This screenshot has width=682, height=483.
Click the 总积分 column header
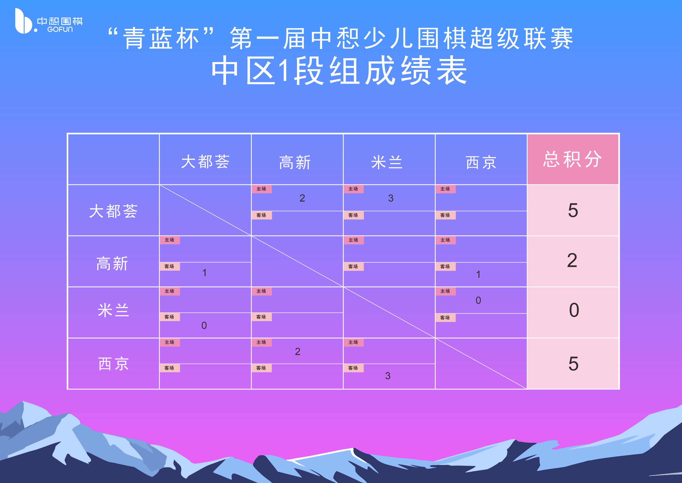[572, 160]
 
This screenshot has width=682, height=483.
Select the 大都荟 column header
[205, 162]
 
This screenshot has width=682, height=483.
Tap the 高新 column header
[295, 162]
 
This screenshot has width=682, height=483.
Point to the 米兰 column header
[387, 162]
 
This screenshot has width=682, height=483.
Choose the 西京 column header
[481, 162]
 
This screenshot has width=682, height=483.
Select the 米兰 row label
[113, 310]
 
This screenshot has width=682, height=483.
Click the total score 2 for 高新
[572, 261]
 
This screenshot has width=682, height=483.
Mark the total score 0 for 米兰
[574, 310]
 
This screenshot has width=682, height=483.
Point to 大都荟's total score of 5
[573, 211]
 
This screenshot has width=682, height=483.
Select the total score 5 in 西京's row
[573, 363]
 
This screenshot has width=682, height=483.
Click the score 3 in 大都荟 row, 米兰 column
[391, 198]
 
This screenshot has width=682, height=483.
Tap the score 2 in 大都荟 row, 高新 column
[302, 198]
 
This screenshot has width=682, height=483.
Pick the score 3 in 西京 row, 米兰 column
[388, 376]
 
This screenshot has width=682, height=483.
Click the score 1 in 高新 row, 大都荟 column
[204, 273]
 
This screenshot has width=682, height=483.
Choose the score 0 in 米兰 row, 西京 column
[478, 300]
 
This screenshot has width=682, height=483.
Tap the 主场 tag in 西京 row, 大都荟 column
[170, 342]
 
